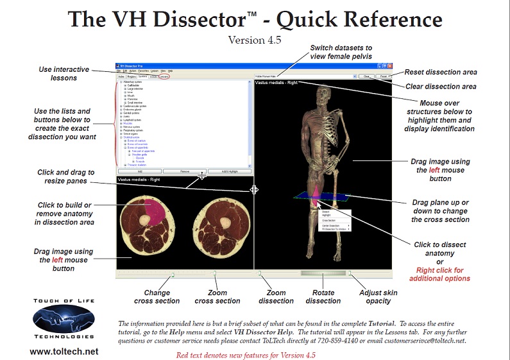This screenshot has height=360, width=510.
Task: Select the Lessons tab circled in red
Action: click(165, 76)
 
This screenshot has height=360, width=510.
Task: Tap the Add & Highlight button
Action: click(229, 171)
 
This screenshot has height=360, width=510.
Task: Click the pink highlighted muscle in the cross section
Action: click(153, 209)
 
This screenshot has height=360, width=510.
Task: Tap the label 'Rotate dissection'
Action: click(323, 296)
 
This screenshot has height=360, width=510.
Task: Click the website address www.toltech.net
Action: click(64, 351)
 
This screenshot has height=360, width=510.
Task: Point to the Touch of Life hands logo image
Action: click(64, 318)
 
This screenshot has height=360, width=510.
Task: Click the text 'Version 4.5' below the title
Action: click(255, 40)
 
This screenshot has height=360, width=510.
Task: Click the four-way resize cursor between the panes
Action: click(255, 189)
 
